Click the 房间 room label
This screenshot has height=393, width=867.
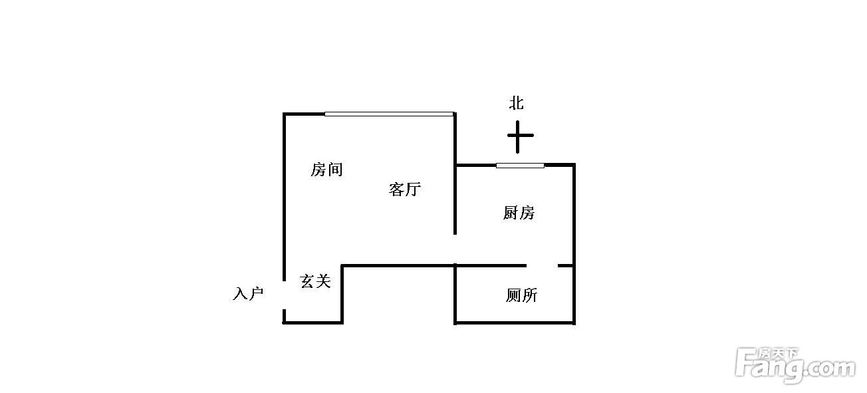[326, 170]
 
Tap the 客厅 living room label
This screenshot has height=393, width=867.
[405, 190]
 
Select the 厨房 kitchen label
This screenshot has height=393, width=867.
[519, 213]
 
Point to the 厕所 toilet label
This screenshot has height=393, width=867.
[521, 295]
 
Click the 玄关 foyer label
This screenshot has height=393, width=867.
[315, 281]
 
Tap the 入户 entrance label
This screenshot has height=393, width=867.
[248, 293]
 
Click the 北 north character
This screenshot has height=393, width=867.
[517, 103]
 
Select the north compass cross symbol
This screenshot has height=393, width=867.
[520, 136]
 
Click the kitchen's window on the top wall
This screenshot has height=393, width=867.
[520, 166]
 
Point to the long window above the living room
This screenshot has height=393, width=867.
[388, 114]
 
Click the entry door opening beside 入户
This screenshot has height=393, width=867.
[284, 295]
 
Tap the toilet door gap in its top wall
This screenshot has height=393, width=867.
[542, 265]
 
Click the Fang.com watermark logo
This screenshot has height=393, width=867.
[795, 365]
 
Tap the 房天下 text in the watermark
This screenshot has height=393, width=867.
[778, 354]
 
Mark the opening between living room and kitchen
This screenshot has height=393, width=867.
[455, 249]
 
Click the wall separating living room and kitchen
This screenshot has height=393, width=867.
[455, 174]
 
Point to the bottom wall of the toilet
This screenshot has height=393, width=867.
[515, 323]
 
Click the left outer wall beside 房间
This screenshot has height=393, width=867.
[284, 197]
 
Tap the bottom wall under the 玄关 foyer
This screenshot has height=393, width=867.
[312, 323]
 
